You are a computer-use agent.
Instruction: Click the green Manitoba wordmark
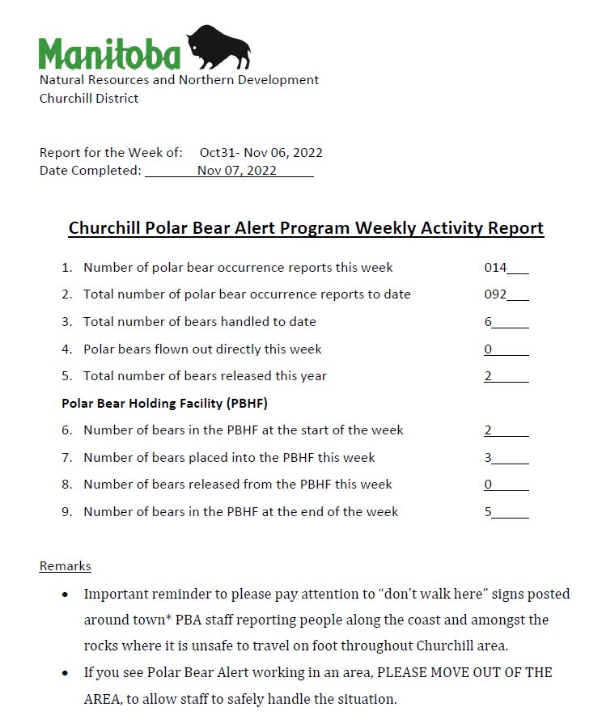coord(109,54)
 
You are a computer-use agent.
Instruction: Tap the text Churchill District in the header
coord(89,99)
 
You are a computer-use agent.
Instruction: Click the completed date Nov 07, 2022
coord(236,170)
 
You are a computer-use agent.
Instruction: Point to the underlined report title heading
coord(306,228)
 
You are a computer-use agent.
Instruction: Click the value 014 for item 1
coord(495,268)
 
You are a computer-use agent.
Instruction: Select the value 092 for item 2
coord(495,294)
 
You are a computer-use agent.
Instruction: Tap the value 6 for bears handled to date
coord(489,322)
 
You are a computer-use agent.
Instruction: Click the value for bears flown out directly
coord(489,349)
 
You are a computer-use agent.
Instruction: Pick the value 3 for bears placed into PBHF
coord(489,458)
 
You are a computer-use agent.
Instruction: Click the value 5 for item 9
coord(489,512)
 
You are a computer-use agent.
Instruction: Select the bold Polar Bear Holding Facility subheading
coord(164,403)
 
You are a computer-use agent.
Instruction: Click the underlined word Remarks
coord(65,566)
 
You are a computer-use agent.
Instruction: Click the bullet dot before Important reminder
coord(65,595)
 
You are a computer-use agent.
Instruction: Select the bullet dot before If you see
coord(65,673)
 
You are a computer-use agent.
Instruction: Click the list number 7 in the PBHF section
coord(66,458)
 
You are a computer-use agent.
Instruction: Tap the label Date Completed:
coord(90,170)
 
